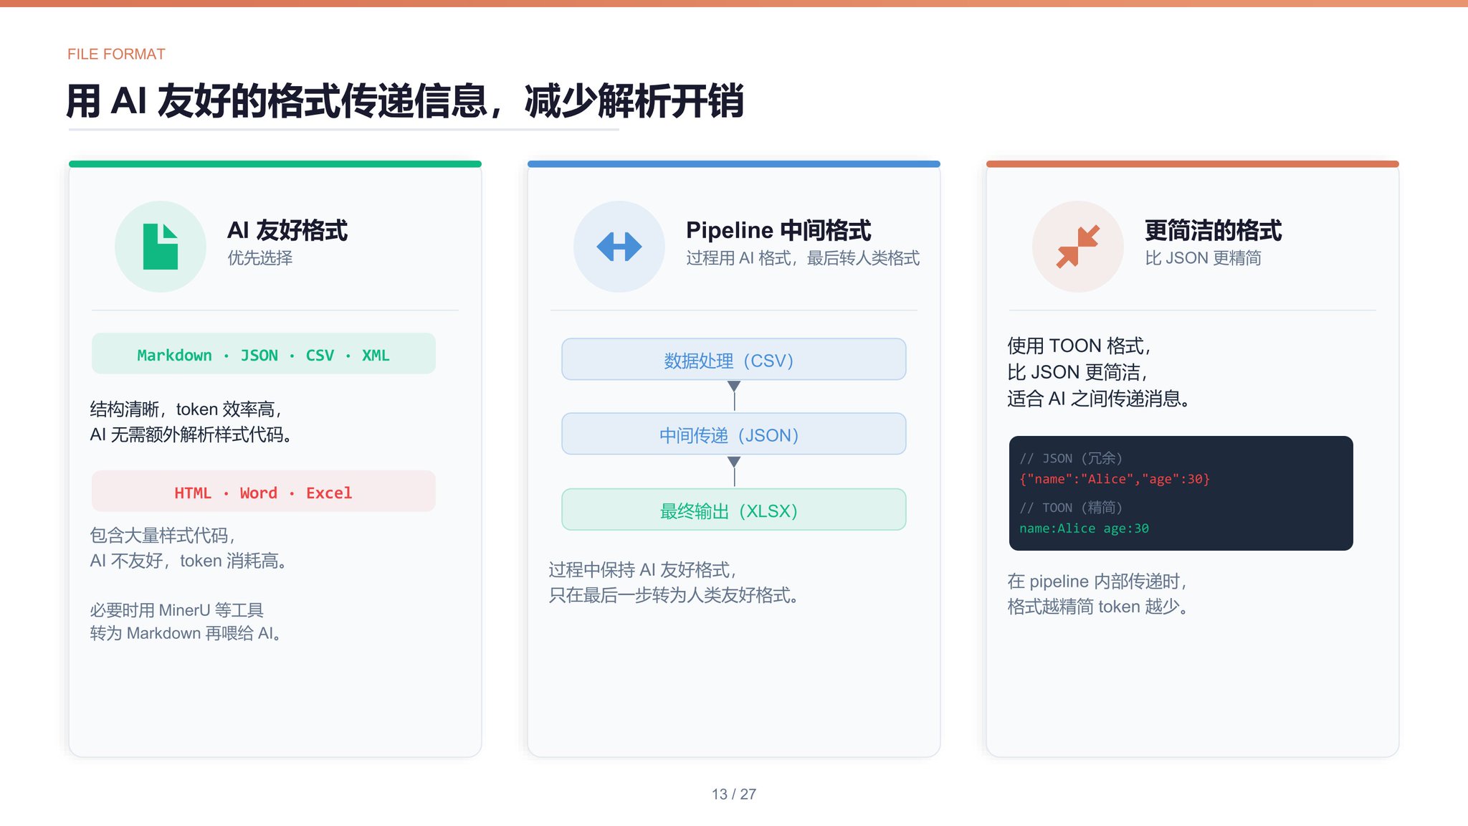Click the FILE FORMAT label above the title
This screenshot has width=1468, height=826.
click(x=116, y=54)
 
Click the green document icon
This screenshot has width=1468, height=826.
click(x=161, y=247)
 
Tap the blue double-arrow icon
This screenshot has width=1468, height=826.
click(x=619, y=247)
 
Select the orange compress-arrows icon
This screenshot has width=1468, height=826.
click(x=1078, y=247)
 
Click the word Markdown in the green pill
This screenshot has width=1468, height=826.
click(x=174, y=355)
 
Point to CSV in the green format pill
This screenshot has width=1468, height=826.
click(x=320, y=355)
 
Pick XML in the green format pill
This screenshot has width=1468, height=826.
click(x=376, y=355)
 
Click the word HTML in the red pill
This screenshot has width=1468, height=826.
click(x=193, y=493)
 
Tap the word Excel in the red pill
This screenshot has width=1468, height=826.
click(x=329, y=493)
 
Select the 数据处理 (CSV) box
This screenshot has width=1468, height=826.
click(x=734, y=359)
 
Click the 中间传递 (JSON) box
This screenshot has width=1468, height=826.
click(x=734, y=434)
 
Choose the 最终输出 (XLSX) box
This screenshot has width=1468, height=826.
click(x=734, y=510)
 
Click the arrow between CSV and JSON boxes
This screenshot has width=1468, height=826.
click(x=734, y=396)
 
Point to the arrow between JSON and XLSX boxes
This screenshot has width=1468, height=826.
click(x=734, y=471)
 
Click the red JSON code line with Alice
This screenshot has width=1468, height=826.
click(x=1115, y=479)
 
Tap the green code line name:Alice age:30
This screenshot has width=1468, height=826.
click(x=1084, y=528)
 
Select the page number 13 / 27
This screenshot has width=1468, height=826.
click(x=734, y=794)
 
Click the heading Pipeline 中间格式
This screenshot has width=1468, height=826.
click(x=778, y=230)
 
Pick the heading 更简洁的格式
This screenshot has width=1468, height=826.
click(x=1213, y=230)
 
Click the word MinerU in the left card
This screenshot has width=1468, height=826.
click(x=184, y=610)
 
